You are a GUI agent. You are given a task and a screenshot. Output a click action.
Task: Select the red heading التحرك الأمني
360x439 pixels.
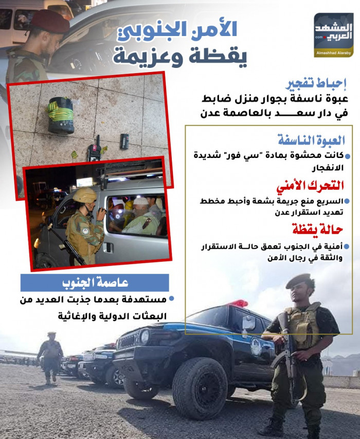click(x=321, y=185)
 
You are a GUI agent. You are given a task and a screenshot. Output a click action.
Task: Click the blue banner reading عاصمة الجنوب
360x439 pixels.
click(x=95, y=283)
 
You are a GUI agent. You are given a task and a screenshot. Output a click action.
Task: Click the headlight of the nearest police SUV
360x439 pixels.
click(x=145, y=337)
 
